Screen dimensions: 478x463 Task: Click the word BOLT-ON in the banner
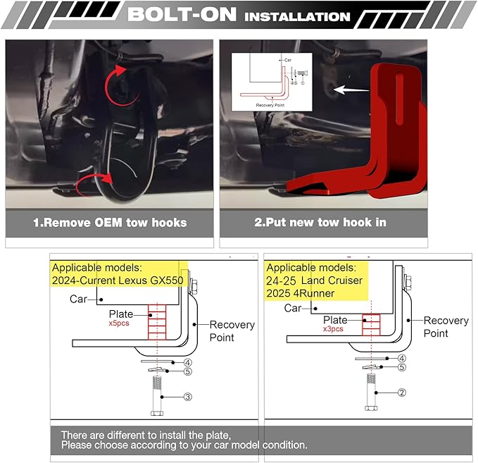tap(182, 14)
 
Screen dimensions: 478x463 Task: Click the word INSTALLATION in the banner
tap(297, 17)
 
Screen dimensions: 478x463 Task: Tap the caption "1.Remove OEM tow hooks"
tap(110, 222)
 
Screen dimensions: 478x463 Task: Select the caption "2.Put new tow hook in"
tap(320, 222)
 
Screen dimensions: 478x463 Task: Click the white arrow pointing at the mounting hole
tap(351, 89)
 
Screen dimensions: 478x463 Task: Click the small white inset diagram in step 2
tap(272, 82)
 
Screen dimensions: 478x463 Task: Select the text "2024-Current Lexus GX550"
tap(118, 280)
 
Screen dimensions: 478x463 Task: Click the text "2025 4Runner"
tap(301, 293)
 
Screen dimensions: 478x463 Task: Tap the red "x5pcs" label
tap(119, 323)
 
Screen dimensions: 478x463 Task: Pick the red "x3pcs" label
tap(333, 329)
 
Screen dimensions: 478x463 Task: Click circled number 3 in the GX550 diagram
tap(188, 397)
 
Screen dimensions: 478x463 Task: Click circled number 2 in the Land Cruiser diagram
tap(402, 393)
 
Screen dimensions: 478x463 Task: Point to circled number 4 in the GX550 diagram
tap(188, 363)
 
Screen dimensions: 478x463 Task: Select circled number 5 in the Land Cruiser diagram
tap(402, 367)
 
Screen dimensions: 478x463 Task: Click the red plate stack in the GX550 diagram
tap(157, 322)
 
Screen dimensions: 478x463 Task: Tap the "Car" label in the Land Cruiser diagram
tap(293, 308)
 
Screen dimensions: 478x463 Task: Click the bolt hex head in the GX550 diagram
tap(157, 413)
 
